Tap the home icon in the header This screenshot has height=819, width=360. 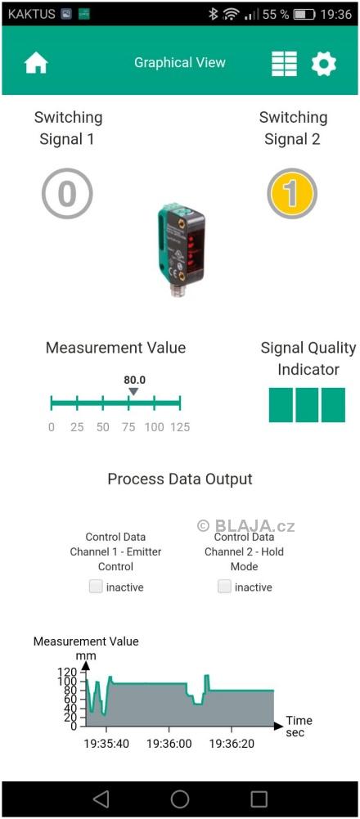click(36, 64)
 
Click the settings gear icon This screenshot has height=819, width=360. click(324, 64)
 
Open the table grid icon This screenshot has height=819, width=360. click(284, 64)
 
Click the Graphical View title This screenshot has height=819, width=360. click(180, 63)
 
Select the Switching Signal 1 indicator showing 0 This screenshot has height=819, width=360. click(67, 193)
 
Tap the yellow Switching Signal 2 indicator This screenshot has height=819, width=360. click(292, 193)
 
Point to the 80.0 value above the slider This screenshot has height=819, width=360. click(134, 380)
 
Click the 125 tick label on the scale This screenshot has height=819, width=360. click(180, 427)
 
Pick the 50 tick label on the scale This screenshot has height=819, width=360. click(103, 427)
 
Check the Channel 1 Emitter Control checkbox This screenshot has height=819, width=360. click(96, 587)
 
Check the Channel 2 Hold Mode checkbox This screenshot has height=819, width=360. click(224, 587)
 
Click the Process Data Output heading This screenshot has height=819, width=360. click(180, 479)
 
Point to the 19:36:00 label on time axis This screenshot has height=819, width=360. click(169, 743)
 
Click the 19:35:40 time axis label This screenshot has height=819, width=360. click(106, 743)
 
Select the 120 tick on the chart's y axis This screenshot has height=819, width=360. click(70, 671)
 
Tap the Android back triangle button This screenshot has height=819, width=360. click(101, 799)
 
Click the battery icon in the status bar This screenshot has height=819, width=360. click(304, 14)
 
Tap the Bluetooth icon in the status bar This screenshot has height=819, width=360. click(214, 14)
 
